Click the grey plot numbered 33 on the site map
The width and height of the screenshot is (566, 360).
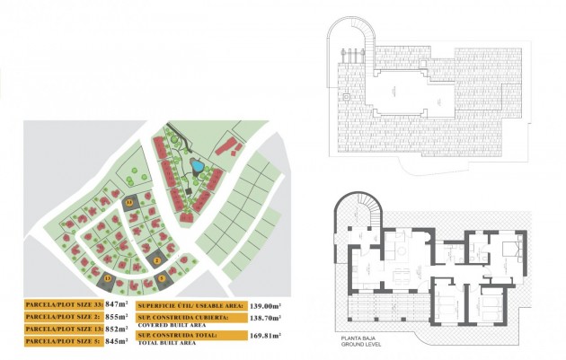click(129, 204)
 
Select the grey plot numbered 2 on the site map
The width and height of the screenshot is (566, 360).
click(157, 259)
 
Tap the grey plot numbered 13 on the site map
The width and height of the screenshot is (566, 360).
click(108, 279)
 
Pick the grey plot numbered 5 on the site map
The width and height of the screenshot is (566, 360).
click(163, 278)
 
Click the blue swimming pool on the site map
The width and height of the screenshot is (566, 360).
click(195, 165)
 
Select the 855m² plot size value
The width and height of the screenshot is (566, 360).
click(117, 317)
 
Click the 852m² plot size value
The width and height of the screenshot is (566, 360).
click(117, 329)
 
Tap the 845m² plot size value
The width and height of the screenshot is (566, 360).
click(117, 341)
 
